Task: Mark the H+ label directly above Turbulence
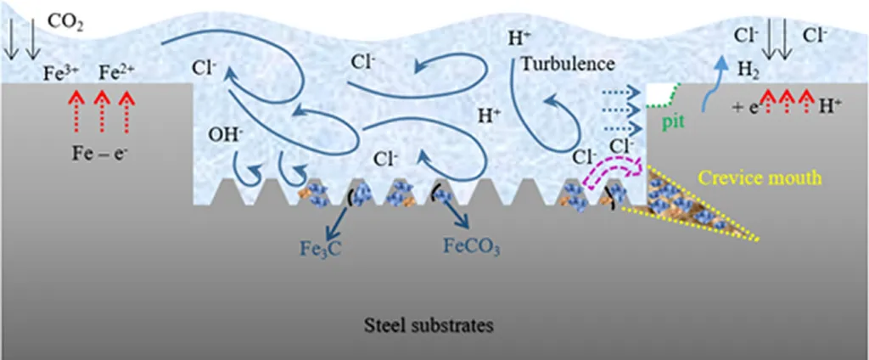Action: pyautogui.click(x=519, y=38)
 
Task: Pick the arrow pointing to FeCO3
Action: pyautogui.click(x=453, y=212)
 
